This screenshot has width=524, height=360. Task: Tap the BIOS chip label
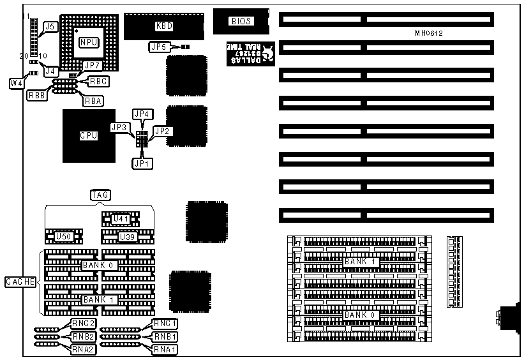241,21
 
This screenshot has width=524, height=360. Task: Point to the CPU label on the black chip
88,135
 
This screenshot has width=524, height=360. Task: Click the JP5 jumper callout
158,47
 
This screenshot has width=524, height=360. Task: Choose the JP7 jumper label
93,66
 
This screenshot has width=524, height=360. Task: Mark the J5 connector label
49,27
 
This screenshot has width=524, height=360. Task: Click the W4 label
17,83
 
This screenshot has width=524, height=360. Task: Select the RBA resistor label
93,101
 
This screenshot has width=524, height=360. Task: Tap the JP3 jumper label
119,127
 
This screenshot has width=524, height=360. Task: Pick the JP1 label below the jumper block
141,163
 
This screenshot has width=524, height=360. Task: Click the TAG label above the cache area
100,195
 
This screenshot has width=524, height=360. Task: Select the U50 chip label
63,237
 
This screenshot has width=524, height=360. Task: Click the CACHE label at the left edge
20,281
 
